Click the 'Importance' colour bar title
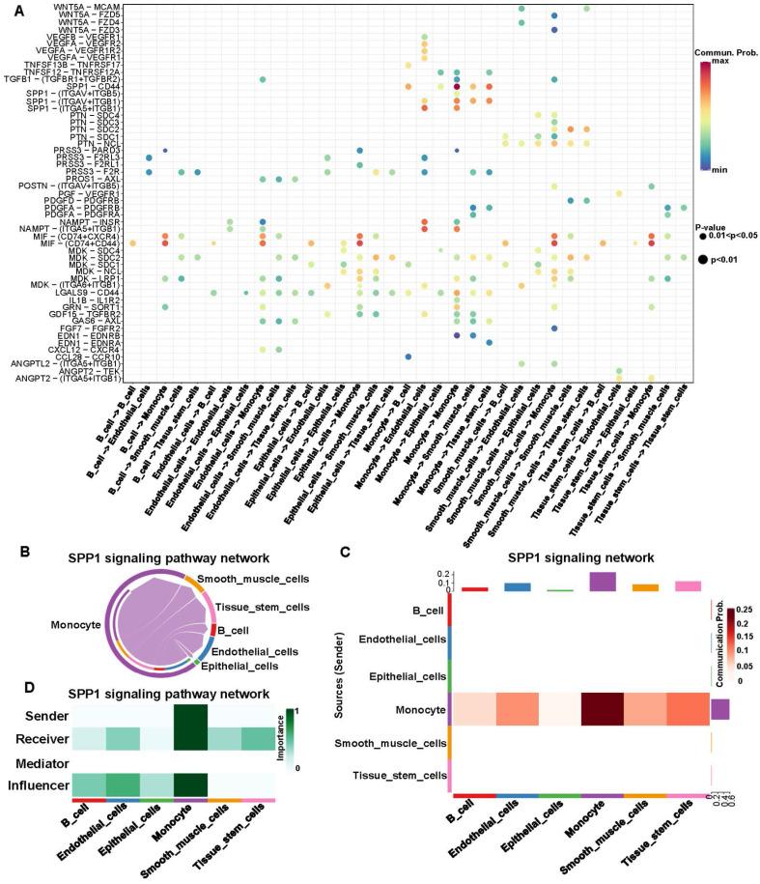pos(306,744)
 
